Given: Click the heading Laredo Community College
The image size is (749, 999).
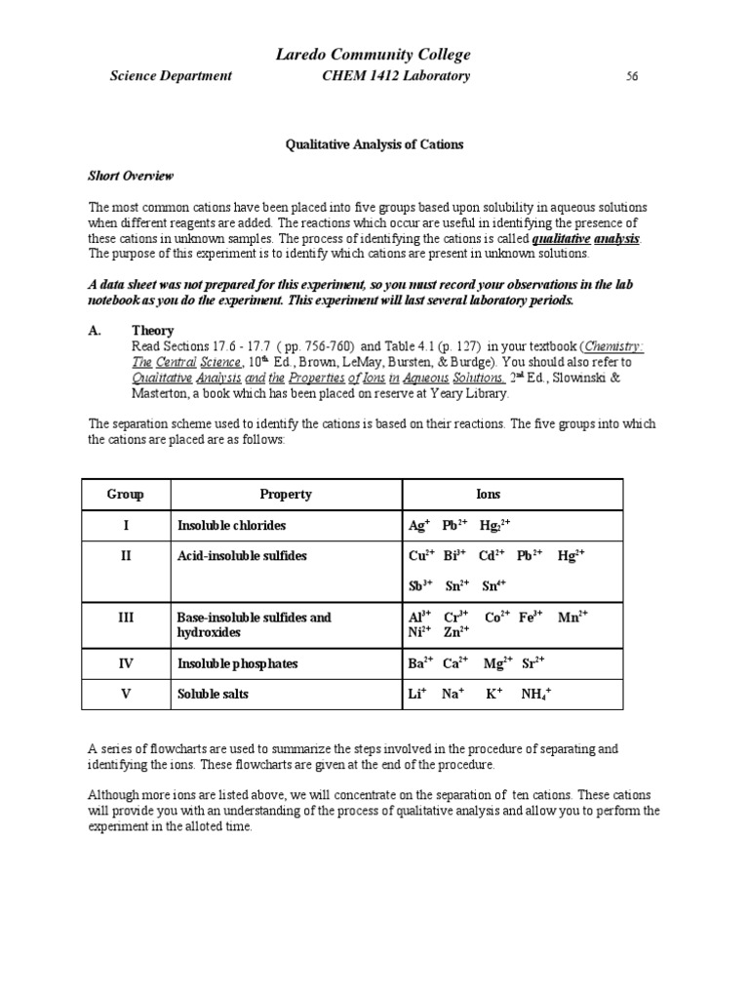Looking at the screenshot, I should pos(374,55).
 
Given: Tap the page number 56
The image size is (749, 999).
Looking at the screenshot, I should pos(632,77).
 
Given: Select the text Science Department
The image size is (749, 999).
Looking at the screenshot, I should pos(171,76).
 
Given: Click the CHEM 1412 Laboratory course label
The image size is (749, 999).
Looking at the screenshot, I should pos(396,76).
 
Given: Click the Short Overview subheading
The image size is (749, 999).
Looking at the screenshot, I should pos(131,176).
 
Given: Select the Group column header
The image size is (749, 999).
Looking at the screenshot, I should pos(125,495).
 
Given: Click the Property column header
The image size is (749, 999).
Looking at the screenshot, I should pos(285,495).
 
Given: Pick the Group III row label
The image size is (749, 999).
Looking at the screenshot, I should pos(125,618).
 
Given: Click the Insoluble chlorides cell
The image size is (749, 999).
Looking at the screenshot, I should pos(231,526).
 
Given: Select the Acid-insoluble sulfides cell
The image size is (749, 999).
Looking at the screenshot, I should pos(242,555).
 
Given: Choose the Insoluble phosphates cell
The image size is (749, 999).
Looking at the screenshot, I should pos(237,664).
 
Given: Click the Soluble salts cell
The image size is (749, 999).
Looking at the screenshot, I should pos(213,694).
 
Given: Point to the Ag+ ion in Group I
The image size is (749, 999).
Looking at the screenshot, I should pos(419,525).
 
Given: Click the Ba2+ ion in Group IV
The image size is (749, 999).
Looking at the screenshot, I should pos(420,663).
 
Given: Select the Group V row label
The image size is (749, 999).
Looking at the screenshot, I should pos(125,694).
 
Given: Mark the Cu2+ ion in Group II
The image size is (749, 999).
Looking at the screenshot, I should pos(421,555).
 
